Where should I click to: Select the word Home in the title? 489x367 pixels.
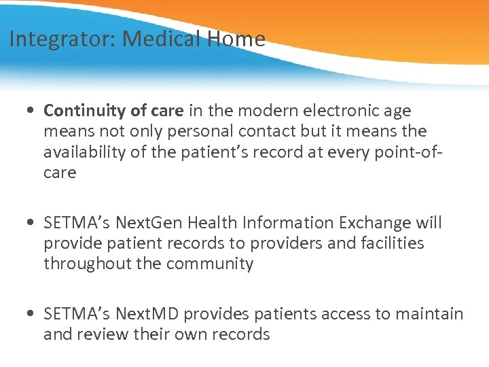pyautogui.click(x=237, y=39)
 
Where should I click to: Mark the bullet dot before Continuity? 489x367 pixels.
pyautogui.click(x=32, y=111)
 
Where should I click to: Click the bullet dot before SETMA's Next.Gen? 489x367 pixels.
pyautogui.click(x=32, y=224)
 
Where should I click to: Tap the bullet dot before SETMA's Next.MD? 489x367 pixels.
pyautogui.click(x=32, y=315)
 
